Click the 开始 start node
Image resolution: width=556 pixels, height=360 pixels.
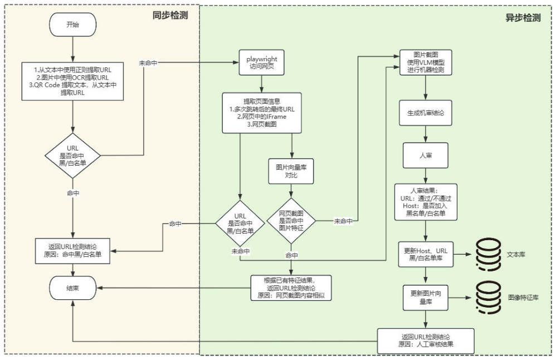(73, 25)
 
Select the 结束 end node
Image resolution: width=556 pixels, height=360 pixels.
(73, 288)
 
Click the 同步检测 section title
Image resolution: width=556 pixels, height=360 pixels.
(170, 16)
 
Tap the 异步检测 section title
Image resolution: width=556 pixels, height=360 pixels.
(523, 17)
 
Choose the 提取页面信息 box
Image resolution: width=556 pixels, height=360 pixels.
(262, 113)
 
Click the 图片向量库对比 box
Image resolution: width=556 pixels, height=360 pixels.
(291, 171)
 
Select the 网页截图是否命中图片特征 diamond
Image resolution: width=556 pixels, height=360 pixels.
(291, 221)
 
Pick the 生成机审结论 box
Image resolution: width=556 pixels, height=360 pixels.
(426, 113)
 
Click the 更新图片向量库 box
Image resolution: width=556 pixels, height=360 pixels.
(426, 298)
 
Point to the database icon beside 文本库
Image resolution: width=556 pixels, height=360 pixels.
(487, 254)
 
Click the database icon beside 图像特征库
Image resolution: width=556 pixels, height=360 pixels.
(487, 298)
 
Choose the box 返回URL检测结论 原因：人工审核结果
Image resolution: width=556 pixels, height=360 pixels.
(426, 340)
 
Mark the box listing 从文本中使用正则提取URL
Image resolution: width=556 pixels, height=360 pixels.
(73, 81)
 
